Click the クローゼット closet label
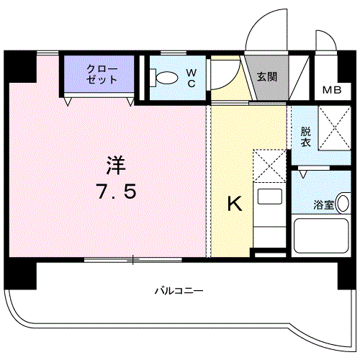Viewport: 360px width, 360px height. [x=100, y=73]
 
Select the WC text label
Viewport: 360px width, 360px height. [x=192, y=78]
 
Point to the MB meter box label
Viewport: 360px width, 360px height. [x=331, y=90]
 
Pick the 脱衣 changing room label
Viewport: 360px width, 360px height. [x=305, y=137]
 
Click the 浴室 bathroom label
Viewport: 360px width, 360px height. [x=324, y=204]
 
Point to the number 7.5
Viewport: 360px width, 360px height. [x=115, y=192]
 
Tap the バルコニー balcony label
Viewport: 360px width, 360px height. [x=179, y=291]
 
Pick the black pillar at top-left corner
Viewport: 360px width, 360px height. [x=19, y=67]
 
